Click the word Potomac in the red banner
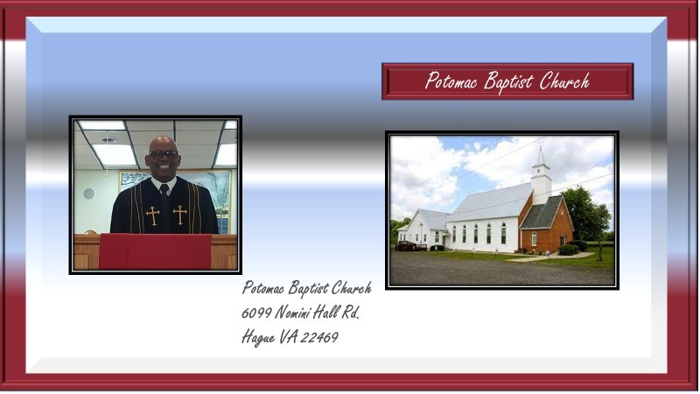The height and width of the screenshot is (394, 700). coord(451,81)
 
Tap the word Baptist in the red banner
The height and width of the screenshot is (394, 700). coord(508,82)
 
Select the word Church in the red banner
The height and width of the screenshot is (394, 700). coord(564,81)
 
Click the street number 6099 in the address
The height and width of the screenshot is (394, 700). coord(256,313)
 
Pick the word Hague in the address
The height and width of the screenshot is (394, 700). coord(258,338)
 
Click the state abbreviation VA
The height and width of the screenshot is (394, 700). coord(289,337)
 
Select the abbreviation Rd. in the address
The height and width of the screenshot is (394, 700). coord(350,312)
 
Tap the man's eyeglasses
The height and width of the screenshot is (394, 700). coord(164,155)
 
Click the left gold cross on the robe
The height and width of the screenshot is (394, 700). coord(152,215)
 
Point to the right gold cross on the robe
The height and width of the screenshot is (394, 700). coord(180,214)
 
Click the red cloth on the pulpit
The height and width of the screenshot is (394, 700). coord(155,251)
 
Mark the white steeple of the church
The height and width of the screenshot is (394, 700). coord(541,176)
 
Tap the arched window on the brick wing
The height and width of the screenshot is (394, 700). coord(534,238)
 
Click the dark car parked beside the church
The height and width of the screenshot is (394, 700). coord(405,246)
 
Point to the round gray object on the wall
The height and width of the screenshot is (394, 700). coord(89,193)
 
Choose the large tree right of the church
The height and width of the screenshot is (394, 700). coord(585,216)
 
